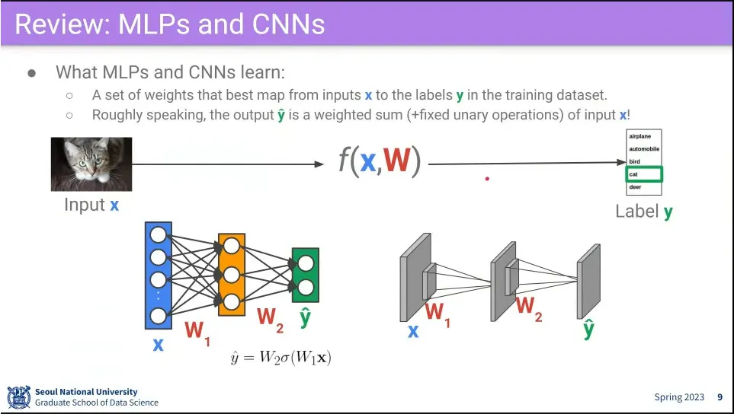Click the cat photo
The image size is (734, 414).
point(91,164)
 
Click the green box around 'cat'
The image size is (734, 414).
point(644,174)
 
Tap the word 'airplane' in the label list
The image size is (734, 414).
point(640,136)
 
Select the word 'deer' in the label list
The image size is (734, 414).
point(635,187)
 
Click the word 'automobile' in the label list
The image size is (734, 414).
point(644,149)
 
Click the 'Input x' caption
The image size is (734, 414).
point(91,205)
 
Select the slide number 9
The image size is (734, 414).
point(720,397)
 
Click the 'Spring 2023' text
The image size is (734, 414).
point(679,397)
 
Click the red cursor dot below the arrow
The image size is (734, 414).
point(487,180)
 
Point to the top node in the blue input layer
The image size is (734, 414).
point(159,234)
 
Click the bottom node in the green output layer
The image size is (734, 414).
point(306,287)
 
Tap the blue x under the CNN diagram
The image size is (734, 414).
point(412,331)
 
